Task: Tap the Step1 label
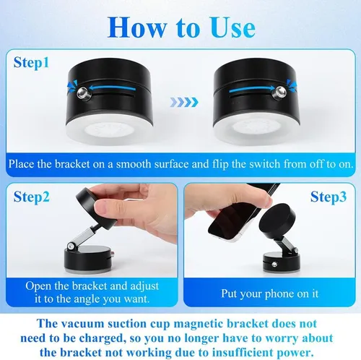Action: pyautogui.click(x=32, y=63)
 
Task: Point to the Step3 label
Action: pyautogui.click(x=329, y=196)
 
